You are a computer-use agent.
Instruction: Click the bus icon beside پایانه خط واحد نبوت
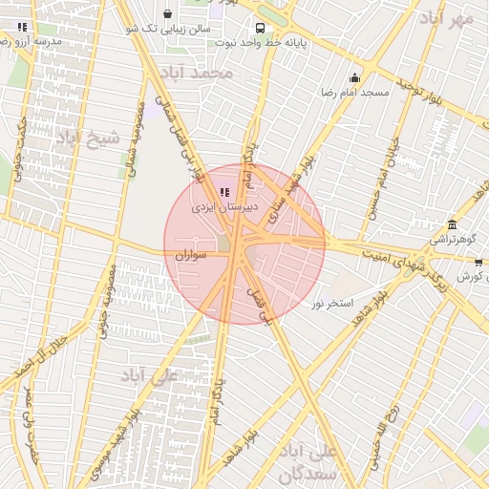click(x=260, y=28)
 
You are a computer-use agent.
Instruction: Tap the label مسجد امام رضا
click(x=355, y=93)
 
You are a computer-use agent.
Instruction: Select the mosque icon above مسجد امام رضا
click(x=355, y=78)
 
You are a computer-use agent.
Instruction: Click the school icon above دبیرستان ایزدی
click(x=223, y=192)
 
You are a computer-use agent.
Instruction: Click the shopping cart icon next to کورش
click(x=478, y=261)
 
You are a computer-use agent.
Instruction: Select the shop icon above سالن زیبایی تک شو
click(x=169, y=14)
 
